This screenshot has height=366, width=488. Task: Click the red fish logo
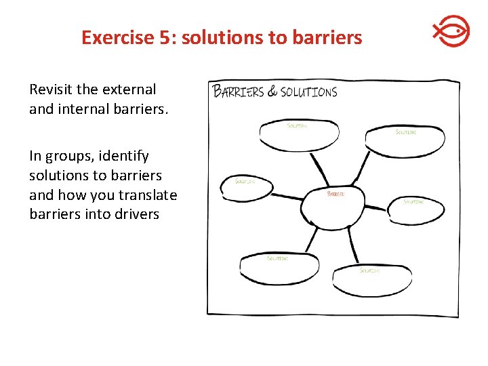point(451,33)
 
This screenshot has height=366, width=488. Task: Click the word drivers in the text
point(135,214)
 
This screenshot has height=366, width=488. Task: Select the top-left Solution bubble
point(299,136)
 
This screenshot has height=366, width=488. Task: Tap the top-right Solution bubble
point(405,141)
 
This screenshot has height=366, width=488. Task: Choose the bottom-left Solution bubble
point(279,268)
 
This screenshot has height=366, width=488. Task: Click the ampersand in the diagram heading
point(272,91)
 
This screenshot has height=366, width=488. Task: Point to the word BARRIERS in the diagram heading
point(239,91)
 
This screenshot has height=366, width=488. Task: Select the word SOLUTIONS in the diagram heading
point(308,92)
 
